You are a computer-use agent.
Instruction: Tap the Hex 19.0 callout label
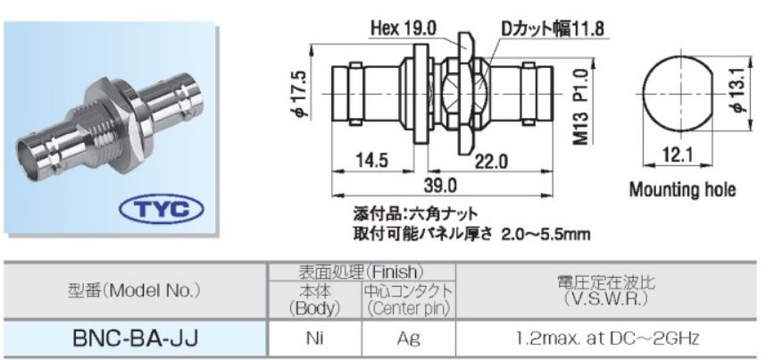pyautogui.click(x=399, y=29)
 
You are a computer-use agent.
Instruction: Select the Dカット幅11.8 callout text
pyautogui.click(x=550, y=29)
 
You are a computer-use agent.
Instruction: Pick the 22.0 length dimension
pyautogui.click(x=490, y=161)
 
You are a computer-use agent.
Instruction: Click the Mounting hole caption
pyautogui.click(x=683, y=189)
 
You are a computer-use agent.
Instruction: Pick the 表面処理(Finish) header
pyautogui.click(x=362, y=270)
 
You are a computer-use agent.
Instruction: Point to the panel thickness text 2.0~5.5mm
pyautogui.click(x=546, y=234)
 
